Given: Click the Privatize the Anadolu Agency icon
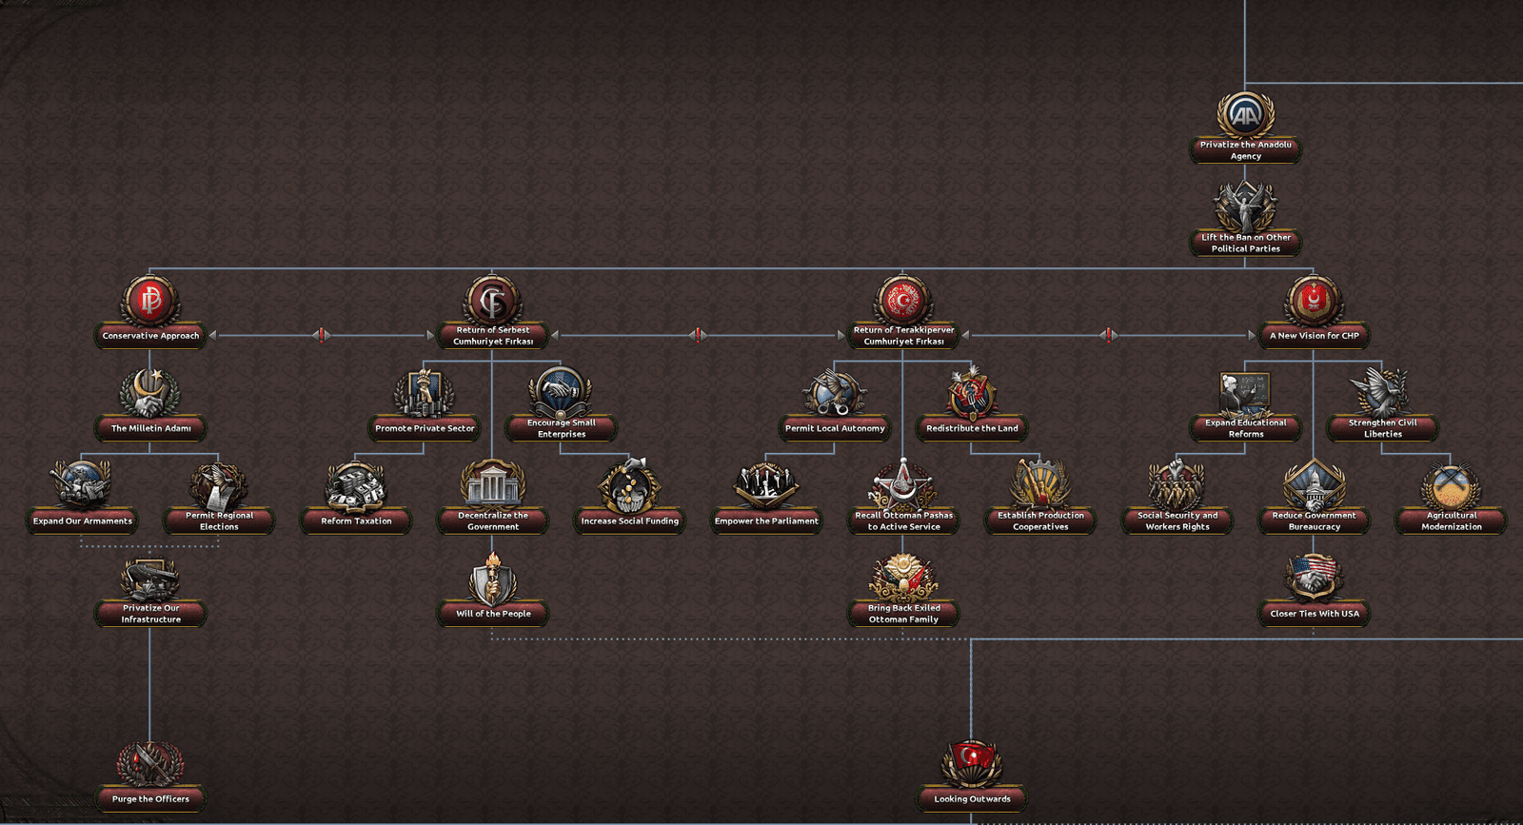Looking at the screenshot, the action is [x=1245, y=115].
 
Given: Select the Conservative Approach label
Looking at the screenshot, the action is [x=150, y=336].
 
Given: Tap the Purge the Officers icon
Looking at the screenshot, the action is [x=150, y=764].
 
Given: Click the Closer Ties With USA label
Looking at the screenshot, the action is [x=1315, y=614].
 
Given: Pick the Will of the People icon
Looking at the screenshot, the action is [x=492, y=579].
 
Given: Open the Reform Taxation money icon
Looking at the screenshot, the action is [x=356, y=486].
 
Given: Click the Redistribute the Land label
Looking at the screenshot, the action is [x=972, y=428].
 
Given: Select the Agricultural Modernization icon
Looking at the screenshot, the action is [x=1451, y=486].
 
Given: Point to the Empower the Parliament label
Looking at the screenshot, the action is [x=766, y=521].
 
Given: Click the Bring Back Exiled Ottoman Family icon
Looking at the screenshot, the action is [x=903, y=579].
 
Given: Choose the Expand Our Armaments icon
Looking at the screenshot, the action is [x=82, y=485].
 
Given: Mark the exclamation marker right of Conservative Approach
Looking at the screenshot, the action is [x=322, y=335].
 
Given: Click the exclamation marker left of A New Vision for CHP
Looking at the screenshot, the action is [x=1108, y=335].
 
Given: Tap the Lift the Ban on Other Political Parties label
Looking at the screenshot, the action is [x=1246, y=244].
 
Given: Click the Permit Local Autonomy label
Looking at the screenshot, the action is [x=835, y=428].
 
